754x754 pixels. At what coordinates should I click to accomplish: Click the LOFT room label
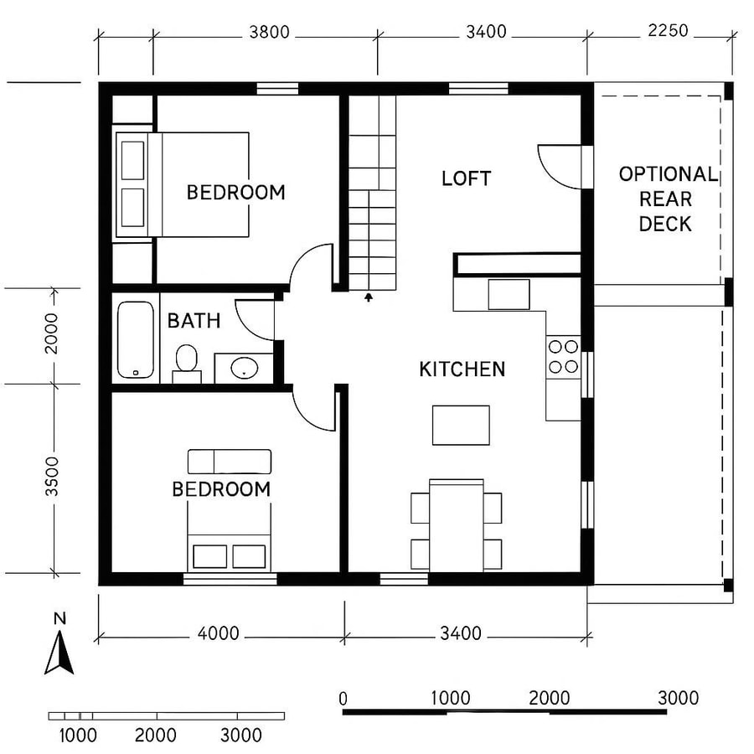tap(466, 178)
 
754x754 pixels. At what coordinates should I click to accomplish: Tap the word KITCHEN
tap(462, 369)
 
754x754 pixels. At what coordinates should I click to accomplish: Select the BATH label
tap(194, 320)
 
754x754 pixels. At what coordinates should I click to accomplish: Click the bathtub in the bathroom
tap(134, 339)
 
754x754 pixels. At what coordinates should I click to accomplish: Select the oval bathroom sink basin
tap(245, 367)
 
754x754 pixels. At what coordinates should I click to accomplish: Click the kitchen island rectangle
tap(461, 425)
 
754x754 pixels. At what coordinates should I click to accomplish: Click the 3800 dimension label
tap(269, 33)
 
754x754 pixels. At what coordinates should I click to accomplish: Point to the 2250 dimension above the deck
tap(667, 31)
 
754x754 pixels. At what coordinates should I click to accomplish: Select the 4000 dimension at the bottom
tap(218, 633)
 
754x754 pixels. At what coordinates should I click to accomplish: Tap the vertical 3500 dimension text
tap(52, 478)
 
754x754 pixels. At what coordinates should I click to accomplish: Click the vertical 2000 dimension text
tap(52, 333)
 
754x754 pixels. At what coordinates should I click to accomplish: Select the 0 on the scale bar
tap(343, 698)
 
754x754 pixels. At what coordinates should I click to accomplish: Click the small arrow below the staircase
tap(368, 296)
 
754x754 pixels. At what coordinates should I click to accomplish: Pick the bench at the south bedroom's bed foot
tap(229, 462)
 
